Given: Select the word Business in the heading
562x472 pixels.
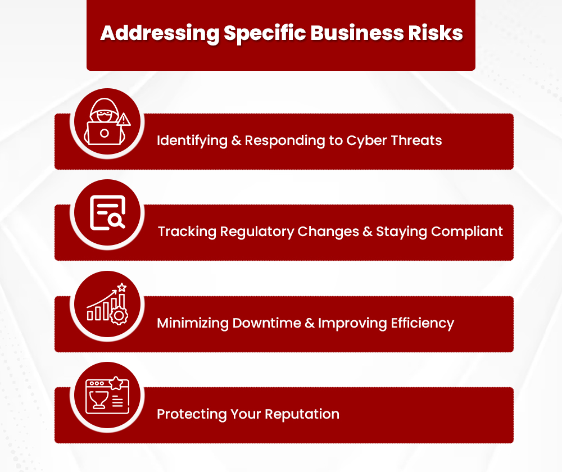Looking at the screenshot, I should pos(355,33).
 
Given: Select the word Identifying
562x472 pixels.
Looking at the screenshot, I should pos(192,140).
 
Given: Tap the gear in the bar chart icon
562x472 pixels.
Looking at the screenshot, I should pos(119,316).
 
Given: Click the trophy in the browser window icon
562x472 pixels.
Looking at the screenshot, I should pos(98,399).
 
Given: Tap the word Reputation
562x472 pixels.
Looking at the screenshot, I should pos(302,415).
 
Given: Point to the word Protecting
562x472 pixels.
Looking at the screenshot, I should pos(191,415).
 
